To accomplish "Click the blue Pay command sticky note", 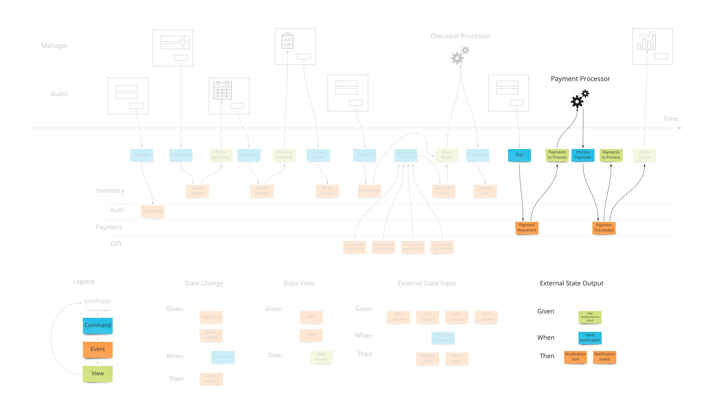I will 519,155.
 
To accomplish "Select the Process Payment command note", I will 583,155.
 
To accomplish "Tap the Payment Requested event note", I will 527,228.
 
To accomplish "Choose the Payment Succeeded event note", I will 604,228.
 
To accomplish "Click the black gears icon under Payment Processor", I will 579,99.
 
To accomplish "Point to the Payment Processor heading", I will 580,79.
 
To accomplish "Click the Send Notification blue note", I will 590,338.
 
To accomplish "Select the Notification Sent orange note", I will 575,357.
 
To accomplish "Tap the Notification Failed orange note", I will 604,357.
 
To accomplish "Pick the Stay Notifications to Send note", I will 590,317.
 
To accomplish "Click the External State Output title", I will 571,283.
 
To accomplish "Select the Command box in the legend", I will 98,325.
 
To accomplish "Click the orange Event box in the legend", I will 98,349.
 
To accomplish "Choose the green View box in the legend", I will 98,374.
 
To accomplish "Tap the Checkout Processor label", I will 460,36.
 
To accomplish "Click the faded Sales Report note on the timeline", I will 644,155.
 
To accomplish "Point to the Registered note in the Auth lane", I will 152,211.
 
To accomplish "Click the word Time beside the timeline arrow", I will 670,119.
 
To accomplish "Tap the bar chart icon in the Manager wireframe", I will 646,41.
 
